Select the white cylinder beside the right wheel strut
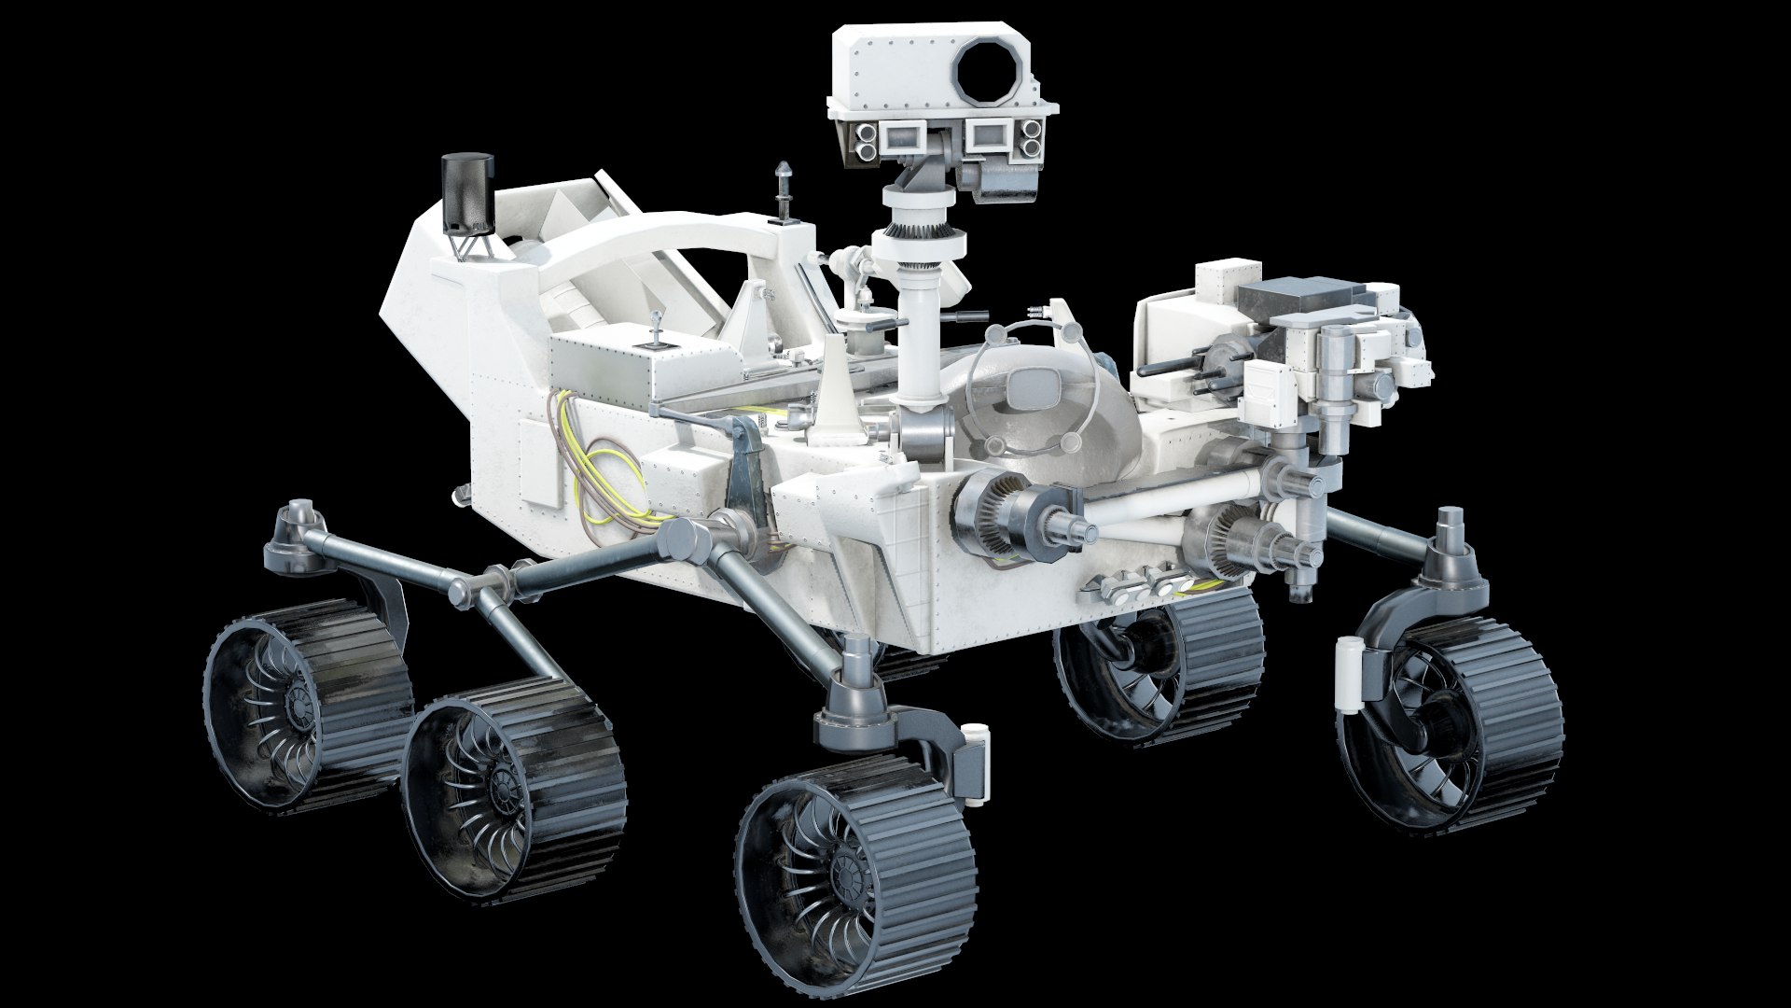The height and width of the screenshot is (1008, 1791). [1348, 674]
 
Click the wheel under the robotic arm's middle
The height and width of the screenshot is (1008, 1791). [1157, 663]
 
